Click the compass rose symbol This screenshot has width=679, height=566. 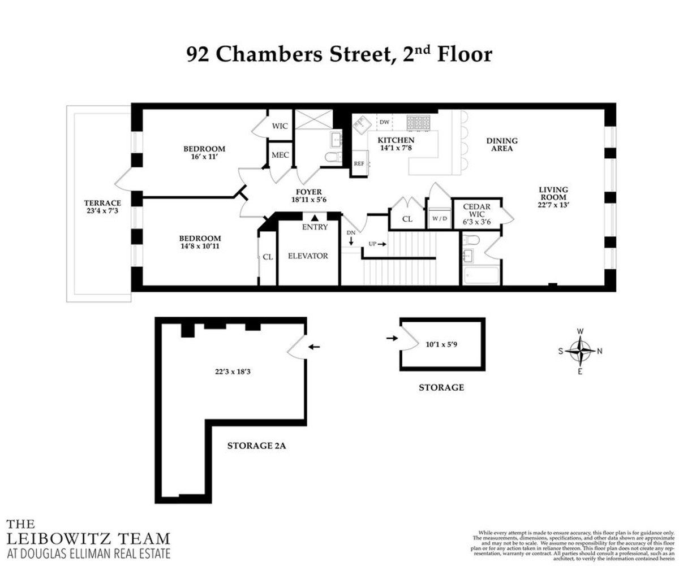(x=580, y=351)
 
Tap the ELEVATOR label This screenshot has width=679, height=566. (x=308, y=256)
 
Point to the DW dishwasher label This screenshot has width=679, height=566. (x=384, y=122)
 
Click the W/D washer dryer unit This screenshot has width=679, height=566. (x=439, y=218)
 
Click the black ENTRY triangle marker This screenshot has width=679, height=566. (x=315, y=217)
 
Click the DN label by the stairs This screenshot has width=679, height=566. (x=350, y=233)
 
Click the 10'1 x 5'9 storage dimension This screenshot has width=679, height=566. (x=443, y=343)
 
